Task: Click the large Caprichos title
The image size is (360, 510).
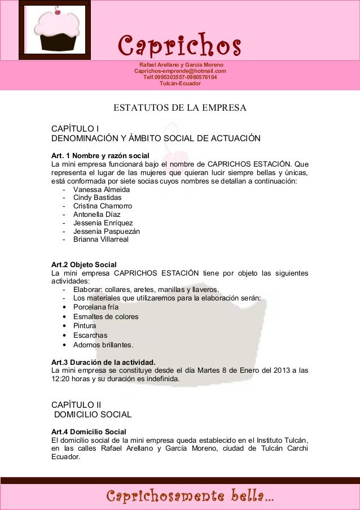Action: click(179, 43)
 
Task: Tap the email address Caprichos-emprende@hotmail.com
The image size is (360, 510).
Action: click(180, 72)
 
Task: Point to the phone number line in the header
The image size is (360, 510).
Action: click(180, 78)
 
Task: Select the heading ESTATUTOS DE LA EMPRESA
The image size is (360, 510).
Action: click(180, 108)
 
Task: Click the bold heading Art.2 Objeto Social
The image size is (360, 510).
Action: click(84, 264)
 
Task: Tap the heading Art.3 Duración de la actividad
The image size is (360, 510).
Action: click(103, 362)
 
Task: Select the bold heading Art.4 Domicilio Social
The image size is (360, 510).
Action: click(89, 432)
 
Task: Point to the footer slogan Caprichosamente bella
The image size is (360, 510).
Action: click(191, 497)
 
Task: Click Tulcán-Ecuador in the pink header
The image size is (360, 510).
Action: click(180, 84)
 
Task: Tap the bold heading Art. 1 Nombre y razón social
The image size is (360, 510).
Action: click(100, 155)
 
